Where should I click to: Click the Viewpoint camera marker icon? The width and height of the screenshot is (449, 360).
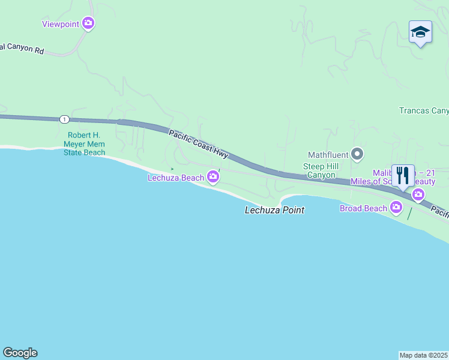88,23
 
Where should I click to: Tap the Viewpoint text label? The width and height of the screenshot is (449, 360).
61,24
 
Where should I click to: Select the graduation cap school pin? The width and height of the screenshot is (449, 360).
420,32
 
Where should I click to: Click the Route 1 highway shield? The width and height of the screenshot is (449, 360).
64,119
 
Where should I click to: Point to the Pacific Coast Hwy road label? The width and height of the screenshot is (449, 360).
198,144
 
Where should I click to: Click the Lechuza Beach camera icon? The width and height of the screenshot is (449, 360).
212,176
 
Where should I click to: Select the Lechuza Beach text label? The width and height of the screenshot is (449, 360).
176,178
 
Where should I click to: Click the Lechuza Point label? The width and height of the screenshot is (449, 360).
274,210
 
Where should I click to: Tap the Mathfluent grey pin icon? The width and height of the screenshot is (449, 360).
357,155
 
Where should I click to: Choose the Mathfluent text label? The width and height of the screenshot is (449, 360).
328,155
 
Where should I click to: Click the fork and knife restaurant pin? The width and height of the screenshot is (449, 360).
403,176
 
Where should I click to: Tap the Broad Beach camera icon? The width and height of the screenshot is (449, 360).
396,208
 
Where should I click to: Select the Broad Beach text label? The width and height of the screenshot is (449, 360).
363,208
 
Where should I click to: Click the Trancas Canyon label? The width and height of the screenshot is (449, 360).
424,110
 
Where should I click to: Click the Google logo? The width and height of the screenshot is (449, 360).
20,353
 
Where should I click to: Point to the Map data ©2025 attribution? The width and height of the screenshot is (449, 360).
424,355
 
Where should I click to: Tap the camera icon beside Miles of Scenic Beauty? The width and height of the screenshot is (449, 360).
418,194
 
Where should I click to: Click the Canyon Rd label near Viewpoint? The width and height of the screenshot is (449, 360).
22,50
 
